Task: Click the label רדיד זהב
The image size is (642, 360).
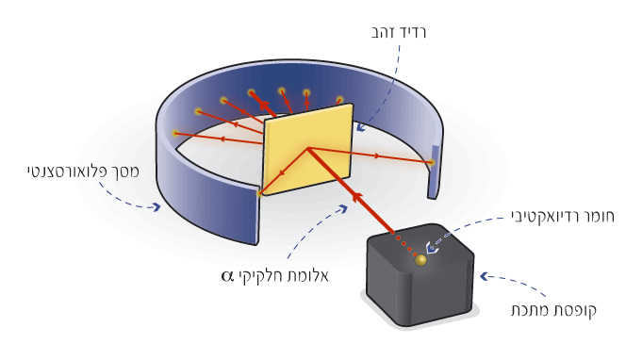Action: click(399, 32)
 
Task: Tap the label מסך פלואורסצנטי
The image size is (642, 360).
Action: click(83, 171)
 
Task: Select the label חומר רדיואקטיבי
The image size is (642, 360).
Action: click(563, 216)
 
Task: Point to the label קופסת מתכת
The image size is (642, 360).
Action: click(553, 309)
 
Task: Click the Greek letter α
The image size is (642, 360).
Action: click(227, 276)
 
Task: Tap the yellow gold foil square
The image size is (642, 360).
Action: click(308, 149)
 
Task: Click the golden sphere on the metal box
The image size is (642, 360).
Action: click(420, 260)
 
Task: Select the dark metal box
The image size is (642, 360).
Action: click(420, 275)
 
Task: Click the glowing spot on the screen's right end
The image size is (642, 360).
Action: click(431, 162)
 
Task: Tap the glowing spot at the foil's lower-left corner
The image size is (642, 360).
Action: click(259, 192)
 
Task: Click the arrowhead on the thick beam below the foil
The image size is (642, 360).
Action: click(357, 198)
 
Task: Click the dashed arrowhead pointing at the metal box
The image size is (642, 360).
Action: click(485, 276)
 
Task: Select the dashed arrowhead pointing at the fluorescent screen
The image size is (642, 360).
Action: click(156, 206)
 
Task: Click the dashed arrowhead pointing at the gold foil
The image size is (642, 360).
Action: click(360, 127)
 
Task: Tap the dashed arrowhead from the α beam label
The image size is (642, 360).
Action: click(342, 209)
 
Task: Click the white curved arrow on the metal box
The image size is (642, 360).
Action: click(430, 247)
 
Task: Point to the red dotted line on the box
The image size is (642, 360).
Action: click(403, 244)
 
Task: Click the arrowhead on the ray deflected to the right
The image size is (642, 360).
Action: click(375, 155)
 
